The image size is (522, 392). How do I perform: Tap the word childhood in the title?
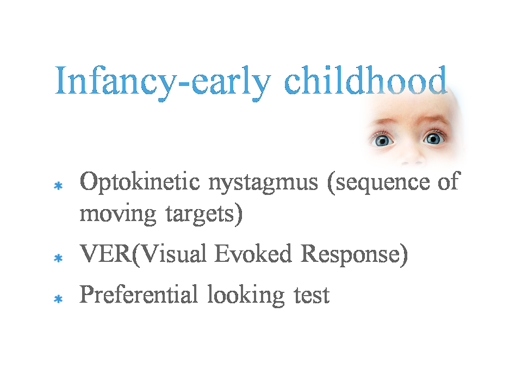(365, 80)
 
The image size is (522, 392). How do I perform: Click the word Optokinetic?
(140, 182)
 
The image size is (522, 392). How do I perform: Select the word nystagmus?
(263, 183)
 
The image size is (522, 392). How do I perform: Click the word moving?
(118, 214)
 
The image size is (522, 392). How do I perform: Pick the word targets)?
(204, 215)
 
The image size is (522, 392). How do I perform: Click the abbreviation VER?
(106, 254)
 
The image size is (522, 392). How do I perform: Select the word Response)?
(354, 255)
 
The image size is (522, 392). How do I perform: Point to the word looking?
(246, 295)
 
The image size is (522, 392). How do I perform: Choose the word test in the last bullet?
(312, 295)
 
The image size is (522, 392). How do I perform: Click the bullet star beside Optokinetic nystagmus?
(58, 186)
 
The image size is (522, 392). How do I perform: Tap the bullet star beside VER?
(58, 258)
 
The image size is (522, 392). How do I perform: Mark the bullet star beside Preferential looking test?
(58, 299)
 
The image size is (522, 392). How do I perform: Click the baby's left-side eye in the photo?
(382, 140)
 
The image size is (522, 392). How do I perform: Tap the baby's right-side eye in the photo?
(433, 138)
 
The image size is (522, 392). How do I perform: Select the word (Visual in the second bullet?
(169, 254)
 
